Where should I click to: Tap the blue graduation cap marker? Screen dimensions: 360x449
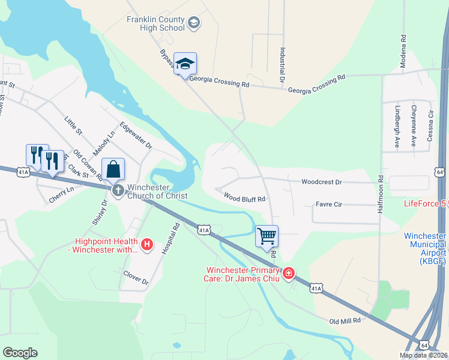pos(185,64)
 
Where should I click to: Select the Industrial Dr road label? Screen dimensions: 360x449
pos(282,65)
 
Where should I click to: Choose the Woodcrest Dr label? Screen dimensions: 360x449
pos(321,181)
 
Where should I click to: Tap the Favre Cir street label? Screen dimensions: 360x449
pos(328,205)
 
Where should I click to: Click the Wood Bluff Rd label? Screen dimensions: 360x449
pos(244,197)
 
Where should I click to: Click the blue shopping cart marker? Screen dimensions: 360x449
pos(267,235)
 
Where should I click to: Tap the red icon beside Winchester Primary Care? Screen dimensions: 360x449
pos(289,274)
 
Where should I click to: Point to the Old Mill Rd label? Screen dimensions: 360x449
pos(345,321)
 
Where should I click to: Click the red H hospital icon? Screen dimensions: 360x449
pos(146,244)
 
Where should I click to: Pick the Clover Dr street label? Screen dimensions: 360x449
pos(136,279)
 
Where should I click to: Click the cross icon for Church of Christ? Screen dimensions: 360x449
pos(118,191)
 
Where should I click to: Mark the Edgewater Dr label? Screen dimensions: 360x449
pos(136,136)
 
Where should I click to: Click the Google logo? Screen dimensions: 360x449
pos(20,353)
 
